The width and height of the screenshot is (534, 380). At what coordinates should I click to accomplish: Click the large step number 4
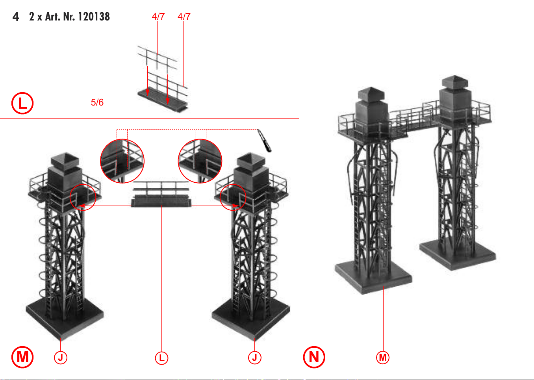pos(16,17)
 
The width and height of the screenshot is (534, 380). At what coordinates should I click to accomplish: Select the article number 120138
pos(94,17)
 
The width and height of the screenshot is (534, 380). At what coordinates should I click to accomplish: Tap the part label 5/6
pos(97,102)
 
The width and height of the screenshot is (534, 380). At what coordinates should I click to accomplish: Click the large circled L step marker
pos(22,103)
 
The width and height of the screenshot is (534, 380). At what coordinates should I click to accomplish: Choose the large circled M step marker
pos(22,357)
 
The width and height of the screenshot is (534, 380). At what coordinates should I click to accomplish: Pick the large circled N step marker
pos(314,357)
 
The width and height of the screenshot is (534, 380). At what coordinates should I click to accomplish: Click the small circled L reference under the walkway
pos(161,358)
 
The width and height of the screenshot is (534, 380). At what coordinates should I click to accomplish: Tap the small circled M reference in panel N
pos(383,358)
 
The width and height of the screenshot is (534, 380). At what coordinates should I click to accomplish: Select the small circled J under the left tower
pos(61,358)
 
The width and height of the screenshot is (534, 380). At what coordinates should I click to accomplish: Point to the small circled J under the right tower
pos(255,358)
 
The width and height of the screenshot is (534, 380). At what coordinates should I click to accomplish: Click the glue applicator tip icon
pos(265,141)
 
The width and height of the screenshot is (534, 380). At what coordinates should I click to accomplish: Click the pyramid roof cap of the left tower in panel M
pos(65,160)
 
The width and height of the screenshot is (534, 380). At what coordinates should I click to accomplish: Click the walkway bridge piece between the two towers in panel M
pos(161,194)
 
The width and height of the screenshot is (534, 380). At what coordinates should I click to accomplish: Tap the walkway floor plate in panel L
pos(163,100)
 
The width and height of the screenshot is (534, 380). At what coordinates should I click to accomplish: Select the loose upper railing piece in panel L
pos(158,58)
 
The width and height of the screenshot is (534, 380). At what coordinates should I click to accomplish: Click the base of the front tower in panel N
pos(374,276)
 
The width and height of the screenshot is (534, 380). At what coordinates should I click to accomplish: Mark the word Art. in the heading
pos(53,17)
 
